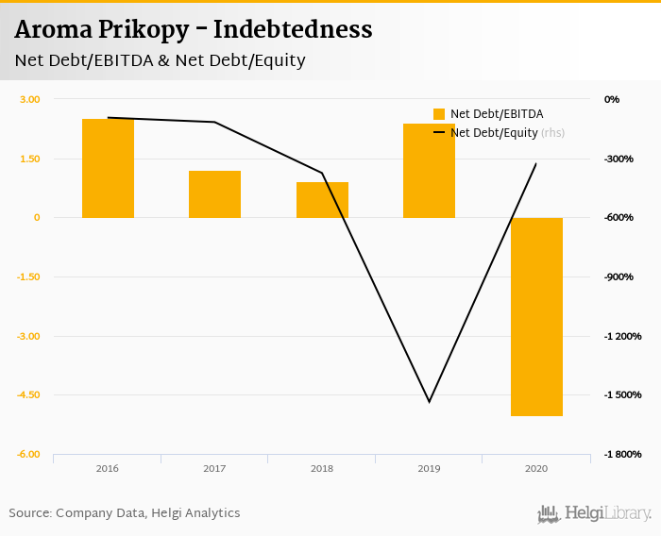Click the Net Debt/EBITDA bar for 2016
tap(108, 168)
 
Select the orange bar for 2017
tap(214, 194)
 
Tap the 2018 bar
tap(322, 200)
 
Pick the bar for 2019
tap(429, 171)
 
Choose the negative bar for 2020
tap(536, 316)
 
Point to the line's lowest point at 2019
tap(430, 402)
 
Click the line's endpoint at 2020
tap(536, 164)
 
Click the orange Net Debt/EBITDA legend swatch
tap(439, 114)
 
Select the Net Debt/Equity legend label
tap(494, 133)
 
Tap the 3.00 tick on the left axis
tap(30, 99)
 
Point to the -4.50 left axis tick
tap(28, 395)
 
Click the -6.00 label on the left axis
tap(28, 455)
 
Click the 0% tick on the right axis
tap(612, 99)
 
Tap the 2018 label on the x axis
tap(322, 468)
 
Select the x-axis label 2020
tap(536, 468)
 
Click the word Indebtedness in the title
tap(293, 30)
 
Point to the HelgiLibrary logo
tap(595, 513)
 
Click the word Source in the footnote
tap(29, 513)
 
